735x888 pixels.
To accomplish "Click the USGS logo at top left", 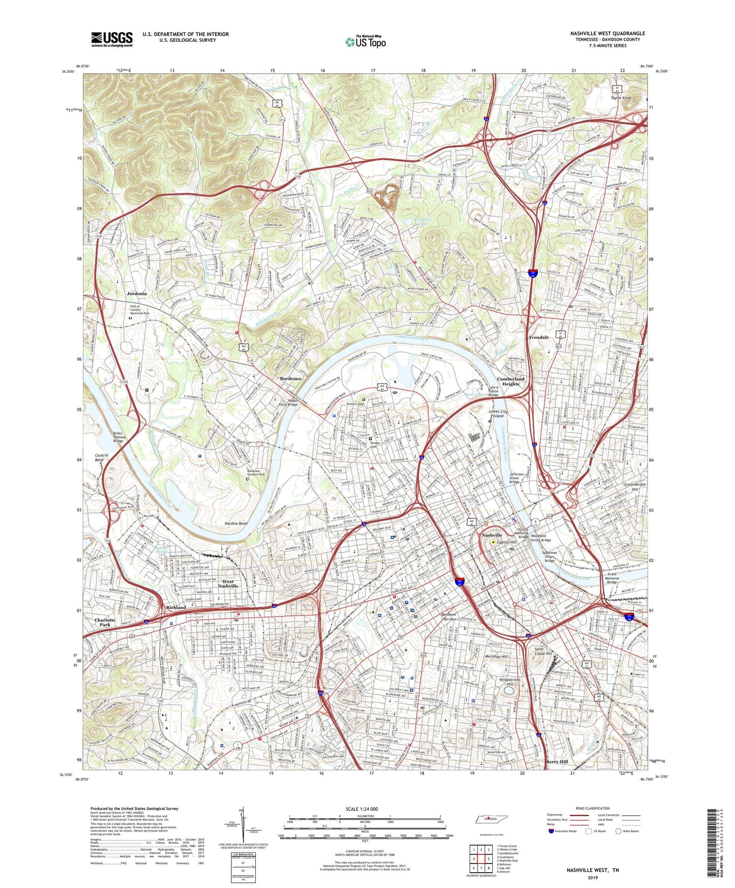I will (112, 39).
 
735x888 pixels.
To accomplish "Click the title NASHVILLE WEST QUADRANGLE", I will (607, 34).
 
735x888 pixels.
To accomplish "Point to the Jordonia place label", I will (137, 293).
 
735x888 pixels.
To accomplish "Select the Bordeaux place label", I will (291, 379).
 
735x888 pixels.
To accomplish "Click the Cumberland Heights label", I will (510, 381).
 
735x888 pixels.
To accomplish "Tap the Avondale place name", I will (538, 337).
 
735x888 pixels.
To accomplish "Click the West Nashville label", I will (228, 583).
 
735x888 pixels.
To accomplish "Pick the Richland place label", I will (176, 607).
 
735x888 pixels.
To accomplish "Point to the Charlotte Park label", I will (105, 623).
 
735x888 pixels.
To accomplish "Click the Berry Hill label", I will (557, 762).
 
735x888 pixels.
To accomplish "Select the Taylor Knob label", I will (621, 98).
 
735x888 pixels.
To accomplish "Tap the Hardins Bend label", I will (236, 523).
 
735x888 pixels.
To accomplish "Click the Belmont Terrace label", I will (449, 617).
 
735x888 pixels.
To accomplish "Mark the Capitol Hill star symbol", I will (493, 542).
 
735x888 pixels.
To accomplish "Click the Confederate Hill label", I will (635, 487).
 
